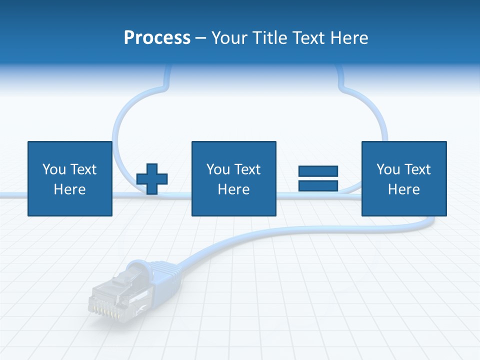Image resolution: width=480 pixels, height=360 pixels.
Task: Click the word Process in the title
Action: click(157, 38)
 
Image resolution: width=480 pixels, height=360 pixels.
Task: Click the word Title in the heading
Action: click(268, 38)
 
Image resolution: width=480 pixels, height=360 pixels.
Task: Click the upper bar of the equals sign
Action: click(318, 171)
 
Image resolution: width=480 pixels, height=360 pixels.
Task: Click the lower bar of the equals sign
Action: click(318, 185)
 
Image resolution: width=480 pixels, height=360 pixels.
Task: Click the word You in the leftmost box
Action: click(54, 169)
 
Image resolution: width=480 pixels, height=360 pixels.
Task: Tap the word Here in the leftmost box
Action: click(69, 189)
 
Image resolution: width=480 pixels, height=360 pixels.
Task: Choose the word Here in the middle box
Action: click(233, 189)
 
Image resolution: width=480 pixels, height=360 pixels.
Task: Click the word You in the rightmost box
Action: click(388, 169)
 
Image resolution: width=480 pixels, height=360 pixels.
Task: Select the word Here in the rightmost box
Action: click(403, 189)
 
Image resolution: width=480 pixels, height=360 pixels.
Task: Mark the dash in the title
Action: click(200, 38)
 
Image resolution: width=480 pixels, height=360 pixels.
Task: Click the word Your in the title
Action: click(229, 38)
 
